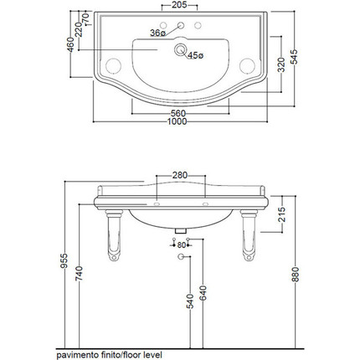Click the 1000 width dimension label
177,121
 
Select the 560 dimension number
178,113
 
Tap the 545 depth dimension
294,57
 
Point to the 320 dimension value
282,64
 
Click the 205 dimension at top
179,5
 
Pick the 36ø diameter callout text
158,33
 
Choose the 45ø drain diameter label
196,55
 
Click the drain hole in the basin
180,49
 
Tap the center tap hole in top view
181,25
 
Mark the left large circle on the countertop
113,66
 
